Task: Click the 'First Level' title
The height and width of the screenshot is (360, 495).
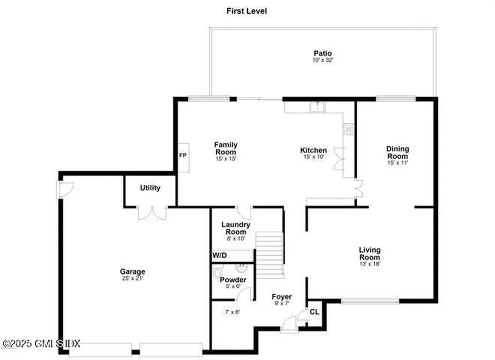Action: (x=247, y=11)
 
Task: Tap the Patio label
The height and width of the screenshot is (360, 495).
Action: (x=322, y=53)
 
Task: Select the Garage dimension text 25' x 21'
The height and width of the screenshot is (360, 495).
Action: (x=132, y=278)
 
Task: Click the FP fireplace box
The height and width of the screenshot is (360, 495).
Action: (x=183, y=156)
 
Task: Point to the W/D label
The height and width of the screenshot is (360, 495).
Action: (x=219, y=255)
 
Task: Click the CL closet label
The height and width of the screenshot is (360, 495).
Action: (x=314, y=312)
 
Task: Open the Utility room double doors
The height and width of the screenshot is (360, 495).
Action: (x=152, y=212)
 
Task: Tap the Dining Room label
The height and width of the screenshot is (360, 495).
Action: (x=397, y=152)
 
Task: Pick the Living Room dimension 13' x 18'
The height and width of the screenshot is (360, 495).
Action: (x=369, y=264)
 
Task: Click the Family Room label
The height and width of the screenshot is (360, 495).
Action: (x=226, y=148)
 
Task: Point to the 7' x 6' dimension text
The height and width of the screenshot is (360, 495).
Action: (x=232, y=312)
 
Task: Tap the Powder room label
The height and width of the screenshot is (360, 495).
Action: (x=233, y=280)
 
